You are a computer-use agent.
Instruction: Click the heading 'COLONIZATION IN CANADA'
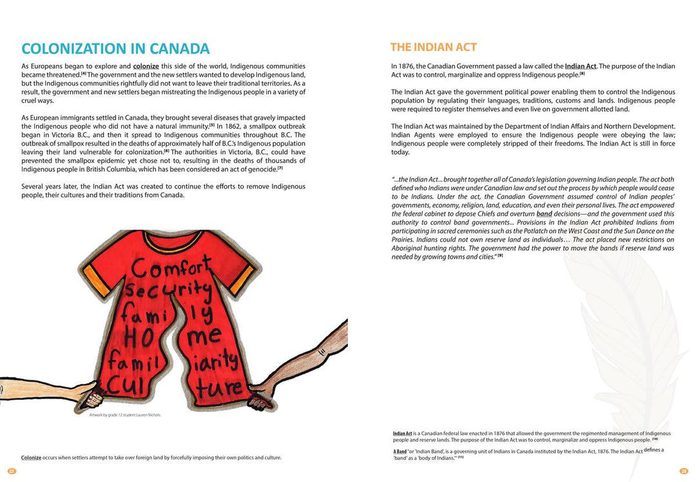pos(115,49)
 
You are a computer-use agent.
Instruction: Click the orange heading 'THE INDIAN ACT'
pos(433,47)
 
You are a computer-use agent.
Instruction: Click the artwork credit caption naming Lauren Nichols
pos(124,415)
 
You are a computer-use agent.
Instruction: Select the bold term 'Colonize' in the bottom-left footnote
pos(31,458)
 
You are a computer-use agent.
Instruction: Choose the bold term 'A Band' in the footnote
pos(400,452)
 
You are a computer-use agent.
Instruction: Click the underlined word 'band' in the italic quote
pos(544,214)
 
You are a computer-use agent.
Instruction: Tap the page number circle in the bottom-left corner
pos(12,471)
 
